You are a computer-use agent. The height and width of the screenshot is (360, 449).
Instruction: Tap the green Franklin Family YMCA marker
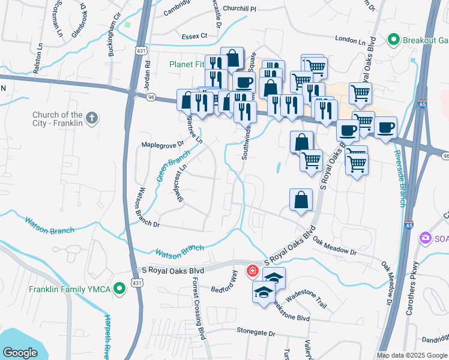(x=119, y=289)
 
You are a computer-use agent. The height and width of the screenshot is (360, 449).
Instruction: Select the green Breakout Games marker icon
(x=394, y=40)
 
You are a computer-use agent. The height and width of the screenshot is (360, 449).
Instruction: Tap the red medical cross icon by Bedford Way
(x=253, y=271)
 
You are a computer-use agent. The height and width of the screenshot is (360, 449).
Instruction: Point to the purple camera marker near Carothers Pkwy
(x=426, y=238)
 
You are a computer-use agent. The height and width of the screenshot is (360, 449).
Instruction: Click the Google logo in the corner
(x=20, y=353)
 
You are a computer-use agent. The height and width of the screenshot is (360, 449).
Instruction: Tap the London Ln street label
(x=350, y=40)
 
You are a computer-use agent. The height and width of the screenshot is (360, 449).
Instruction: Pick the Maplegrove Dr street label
(x=162, y=145)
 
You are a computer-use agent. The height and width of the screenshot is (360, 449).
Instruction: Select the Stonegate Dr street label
(x=255, y=332)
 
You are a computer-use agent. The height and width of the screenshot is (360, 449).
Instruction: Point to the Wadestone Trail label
(x=306, y=302)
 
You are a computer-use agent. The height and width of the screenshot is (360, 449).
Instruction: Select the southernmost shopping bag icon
(x=301, y=200)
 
